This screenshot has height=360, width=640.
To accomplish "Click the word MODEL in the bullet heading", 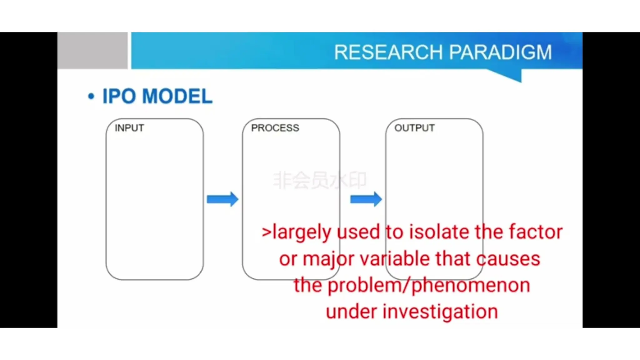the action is pyautogui.click(x=177, y=96).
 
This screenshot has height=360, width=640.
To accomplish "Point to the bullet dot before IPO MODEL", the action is pyautogui.click(x=91, y=96).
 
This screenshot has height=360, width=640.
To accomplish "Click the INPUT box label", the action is pyautogui.click(x=129, y=128).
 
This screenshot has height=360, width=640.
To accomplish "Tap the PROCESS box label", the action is pyautogui.click(x=275, y=128).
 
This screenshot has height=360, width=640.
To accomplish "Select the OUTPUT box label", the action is pyautogui.click(x=414, y=128).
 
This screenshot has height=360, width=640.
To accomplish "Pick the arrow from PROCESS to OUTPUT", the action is pyautogui.click(x=366, y=199).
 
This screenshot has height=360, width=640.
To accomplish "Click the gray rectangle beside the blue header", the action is pyautogui.click(x=92, y=50).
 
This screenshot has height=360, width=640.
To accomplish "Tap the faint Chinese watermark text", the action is pyautogui.click(x=319, y=180).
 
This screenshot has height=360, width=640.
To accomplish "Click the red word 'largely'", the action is pyautogui.click(x=301, y=232).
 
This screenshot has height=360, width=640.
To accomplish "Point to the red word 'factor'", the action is pyautogui.click(x=536, y=232).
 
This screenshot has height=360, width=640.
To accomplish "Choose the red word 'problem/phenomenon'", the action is pyautogui.click(x=429, y=286).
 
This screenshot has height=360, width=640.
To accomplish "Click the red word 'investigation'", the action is pyautogui.click(x=440, y=312).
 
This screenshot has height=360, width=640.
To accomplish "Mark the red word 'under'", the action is pyautogui.click(x=351, y=312).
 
